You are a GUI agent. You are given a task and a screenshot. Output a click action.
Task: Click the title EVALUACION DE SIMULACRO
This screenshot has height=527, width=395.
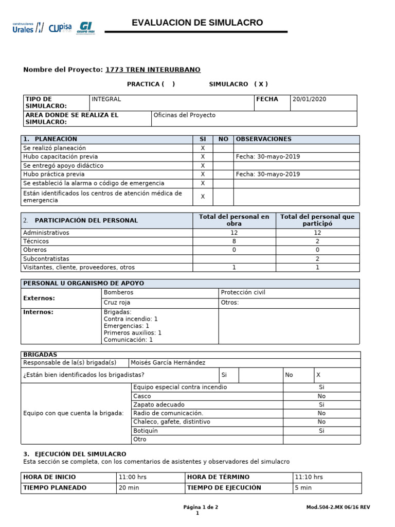197,23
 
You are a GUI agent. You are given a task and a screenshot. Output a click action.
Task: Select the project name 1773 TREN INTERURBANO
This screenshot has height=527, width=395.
153,69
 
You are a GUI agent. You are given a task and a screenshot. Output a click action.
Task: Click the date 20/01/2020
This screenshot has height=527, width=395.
309,99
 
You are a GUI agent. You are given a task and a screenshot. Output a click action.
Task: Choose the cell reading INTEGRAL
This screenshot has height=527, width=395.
106,99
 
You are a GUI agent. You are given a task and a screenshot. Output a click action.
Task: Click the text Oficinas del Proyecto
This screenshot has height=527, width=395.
185,115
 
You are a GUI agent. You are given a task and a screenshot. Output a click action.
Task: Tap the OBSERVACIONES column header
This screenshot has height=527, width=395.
263,139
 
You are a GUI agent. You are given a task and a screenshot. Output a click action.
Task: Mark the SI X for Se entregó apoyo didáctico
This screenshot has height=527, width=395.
203,166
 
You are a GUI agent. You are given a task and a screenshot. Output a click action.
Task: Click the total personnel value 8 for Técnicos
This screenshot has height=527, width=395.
234,241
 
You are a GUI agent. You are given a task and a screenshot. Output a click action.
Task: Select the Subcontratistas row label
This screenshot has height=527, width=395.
46,259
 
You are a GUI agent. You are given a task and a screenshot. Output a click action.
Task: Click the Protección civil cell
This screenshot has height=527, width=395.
243,292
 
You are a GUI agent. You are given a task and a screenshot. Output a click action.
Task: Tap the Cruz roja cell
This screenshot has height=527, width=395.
117,303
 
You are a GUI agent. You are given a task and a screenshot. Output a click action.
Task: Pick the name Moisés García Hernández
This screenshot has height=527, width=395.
168,362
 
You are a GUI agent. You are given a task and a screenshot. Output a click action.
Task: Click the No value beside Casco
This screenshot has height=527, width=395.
321,396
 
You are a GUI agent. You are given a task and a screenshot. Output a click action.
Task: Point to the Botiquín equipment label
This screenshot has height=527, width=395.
146,431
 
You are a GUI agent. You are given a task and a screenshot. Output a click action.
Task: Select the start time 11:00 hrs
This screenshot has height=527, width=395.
133,477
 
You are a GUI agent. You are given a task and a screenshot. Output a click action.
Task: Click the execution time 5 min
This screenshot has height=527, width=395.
303,487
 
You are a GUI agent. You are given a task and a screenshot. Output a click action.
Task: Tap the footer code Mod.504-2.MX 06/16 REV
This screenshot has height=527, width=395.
338,507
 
